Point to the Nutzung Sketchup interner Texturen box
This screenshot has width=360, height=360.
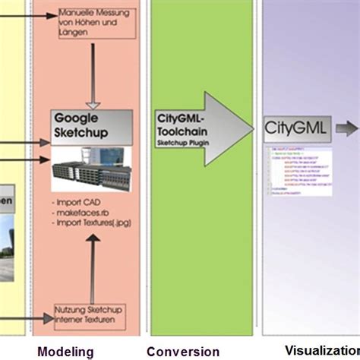coord(90,314)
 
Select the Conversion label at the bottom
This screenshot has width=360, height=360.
coord(182,351)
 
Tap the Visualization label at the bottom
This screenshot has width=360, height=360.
coord(315,351)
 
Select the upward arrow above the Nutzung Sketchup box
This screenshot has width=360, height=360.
coord(93,266)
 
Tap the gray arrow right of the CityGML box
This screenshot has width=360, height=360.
coord(346,128)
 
